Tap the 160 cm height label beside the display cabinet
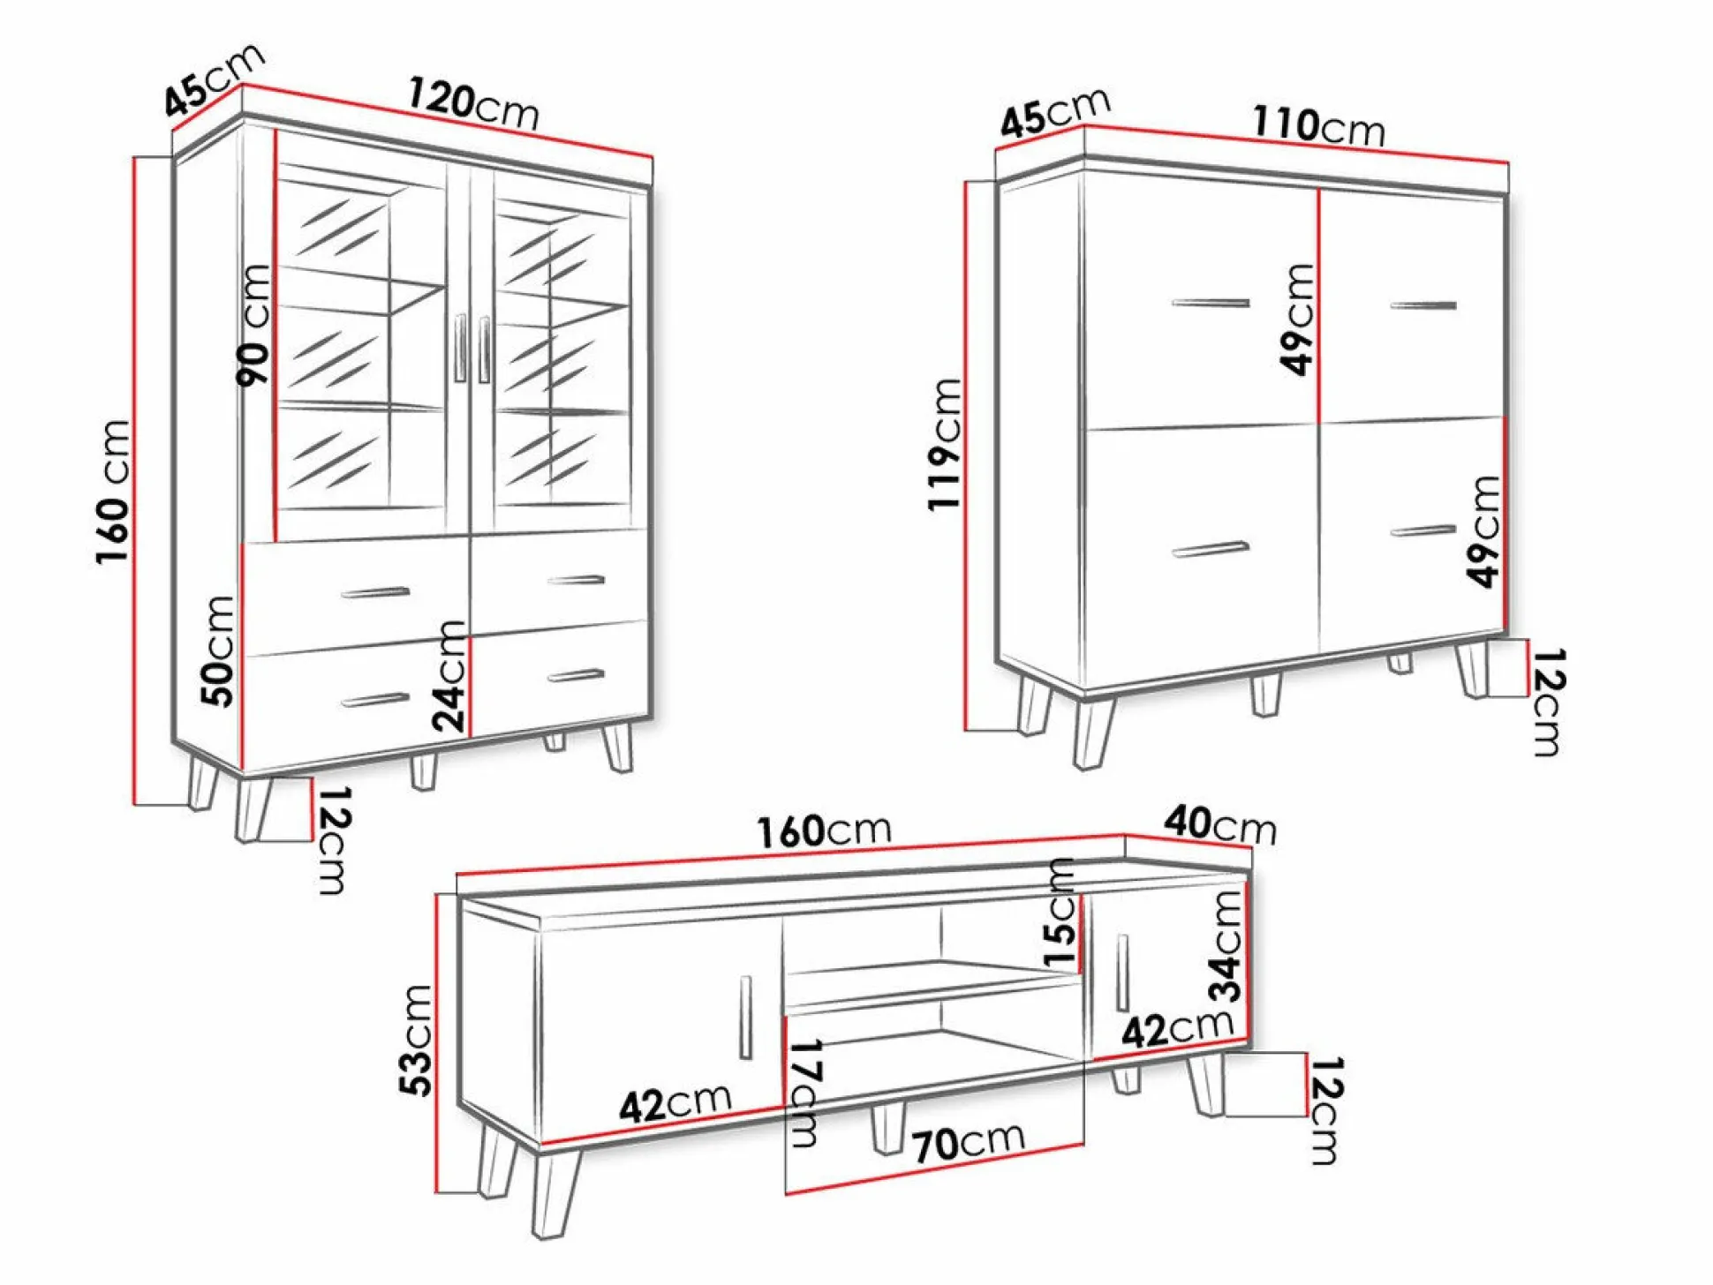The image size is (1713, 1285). click(x=115, y=492)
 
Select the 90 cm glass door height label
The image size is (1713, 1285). click(x=254, y=325)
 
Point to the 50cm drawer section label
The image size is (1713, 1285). click(x=219, y=650)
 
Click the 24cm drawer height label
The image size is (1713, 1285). click(x=449, y=676)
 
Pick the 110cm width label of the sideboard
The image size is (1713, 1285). click(x=1318, y=126)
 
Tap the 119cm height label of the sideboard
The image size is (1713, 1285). click(x=945, y=444)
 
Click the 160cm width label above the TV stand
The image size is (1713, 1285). click(x=824, y=830)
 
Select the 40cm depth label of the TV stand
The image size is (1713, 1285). click(x=1220, y=824)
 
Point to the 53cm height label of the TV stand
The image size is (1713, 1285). click(x=416, y=1040)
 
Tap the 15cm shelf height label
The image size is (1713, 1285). click(x=1060, y=913)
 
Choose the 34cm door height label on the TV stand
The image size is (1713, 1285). click(x=1226, y=947)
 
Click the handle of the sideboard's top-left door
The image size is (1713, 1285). click(x=1211, y=304)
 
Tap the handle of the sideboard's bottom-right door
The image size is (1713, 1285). click(x=1423, y=530)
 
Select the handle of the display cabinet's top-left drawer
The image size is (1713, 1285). click(x=375, y=592)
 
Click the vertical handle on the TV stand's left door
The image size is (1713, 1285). click(x=745, y=1018)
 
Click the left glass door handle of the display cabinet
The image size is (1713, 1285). click(x=460, y=348)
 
